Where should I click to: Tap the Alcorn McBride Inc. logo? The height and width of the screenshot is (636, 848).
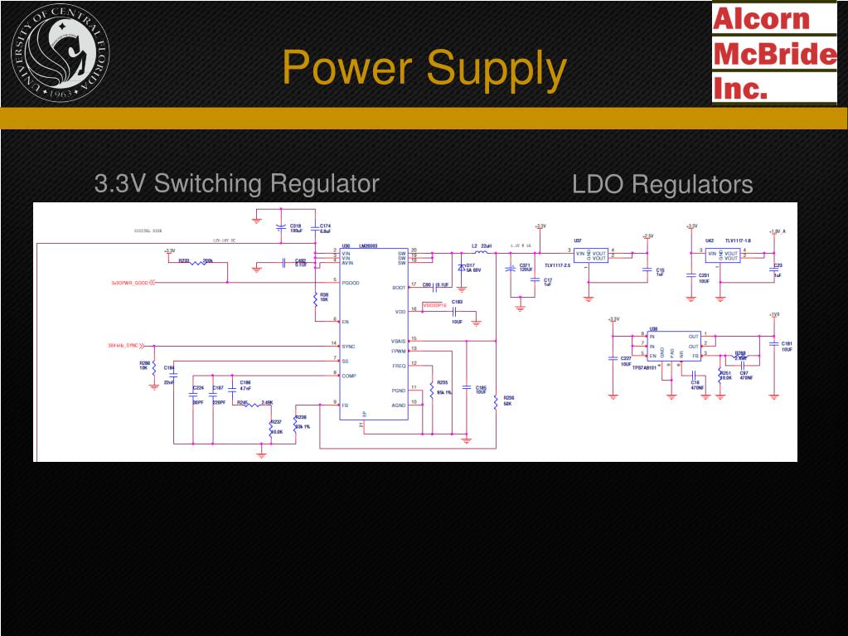tap(774, 52)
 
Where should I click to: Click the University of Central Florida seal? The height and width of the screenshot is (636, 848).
tap(60, 52)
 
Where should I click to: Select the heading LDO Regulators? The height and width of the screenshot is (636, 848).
tap(662, 185)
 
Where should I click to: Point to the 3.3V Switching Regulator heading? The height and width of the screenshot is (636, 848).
tap(236, 183)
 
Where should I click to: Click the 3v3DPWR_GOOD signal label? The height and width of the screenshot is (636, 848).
tap(132, 283)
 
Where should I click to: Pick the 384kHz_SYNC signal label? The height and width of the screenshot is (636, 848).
tap(123, 346)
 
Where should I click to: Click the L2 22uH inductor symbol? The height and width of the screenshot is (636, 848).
tap(479, 251)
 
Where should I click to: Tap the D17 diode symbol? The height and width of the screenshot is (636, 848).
tap(462, 267)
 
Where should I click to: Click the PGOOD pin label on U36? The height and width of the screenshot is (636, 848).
tap(351, 283)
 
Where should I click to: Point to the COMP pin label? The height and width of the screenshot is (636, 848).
tap(350, 376)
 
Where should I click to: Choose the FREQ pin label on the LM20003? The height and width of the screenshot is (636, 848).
tap(399, 366)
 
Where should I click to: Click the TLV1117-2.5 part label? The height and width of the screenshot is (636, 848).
tap(557, 265)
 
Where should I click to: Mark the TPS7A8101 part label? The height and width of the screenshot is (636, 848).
tap(644, 367)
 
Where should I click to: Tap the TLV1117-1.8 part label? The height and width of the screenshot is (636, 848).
tap(737, 241)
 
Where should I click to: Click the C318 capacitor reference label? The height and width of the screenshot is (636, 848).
tap(295, 226)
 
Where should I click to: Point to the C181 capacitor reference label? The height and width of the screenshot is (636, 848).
tap(787, 343)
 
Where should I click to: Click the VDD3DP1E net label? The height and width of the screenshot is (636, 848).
tap(435, 305)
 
